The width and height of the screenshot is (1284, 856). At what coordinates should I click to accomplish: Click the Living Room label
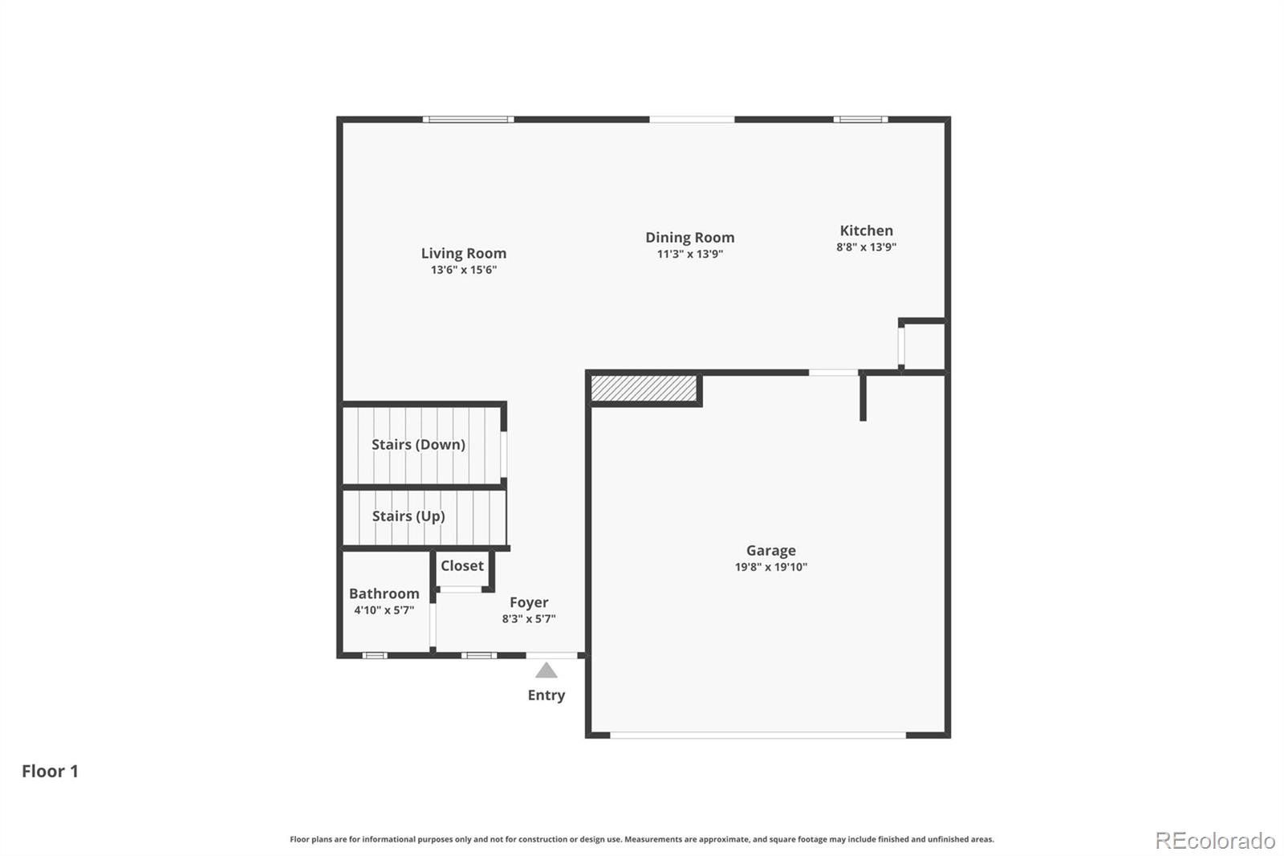464,253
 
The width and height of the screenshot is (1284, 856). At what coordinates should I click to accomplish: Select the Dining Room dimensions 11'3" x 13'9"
689,255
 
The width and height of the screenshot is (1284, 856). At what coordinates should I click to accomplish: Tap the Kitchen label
866,230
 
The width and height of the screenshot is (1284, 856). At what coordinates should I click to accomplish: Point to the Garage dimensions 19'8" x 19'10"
770,567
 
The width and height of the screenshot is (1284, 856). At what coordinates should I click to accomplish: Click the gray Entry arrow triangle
547,671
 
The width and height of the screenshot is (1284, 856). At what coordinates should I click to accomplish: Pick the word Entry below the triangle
546,695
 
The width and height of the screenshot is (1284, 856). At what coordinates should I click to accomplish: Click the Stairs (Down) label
418,444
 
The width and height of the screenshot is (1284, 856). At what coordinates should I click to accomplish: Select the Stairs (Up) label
408,516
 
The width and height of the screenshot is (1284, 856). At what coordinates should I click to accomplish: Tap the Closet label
462,565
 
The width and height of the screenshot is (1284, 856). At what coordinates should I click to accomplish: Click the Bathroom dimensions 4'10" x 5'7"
384,610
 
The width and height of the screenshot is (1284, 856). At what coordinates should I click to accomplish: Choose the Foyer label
529,602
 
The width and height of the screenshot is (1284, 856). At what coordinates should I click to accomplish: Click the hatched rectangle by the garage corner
644,389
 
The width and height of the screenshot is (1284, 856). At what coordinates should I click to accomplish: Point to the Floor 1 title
50,771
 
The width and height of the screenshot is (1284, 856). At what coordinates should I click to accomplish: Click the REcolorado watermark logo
1215,841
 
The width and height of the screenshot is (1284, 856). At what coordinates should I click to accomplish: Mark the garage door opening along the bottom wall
758,735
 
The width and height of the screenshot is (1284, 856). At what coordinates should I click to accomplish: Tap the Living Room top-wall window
468,120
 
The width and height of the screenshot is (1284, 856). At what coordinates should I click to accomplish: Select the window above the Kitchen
860,120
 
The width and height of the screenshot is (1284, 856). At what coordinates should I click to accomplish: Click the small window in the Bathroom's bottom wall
374,655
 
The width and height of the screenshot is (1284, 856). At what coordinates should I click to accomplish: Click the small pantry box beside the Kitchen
924,346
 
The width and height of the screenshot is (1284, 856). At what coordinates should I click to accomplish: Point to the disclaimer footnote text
642,839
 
